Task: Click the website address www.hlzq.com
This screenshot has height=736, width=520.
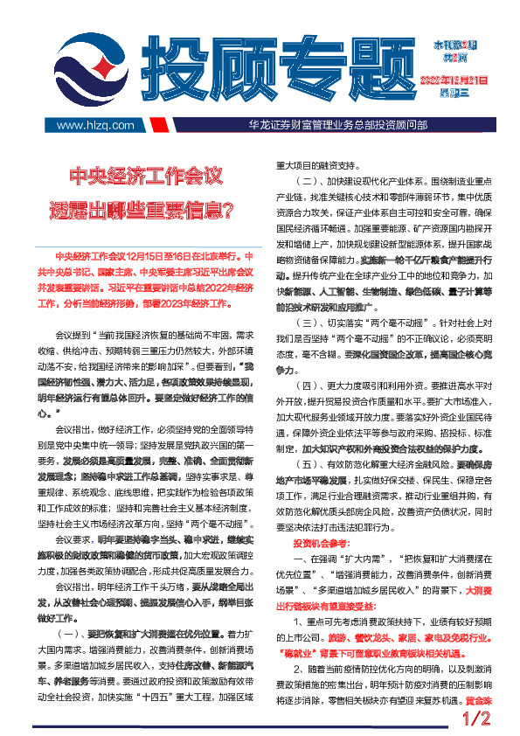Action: pos(94,125)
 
